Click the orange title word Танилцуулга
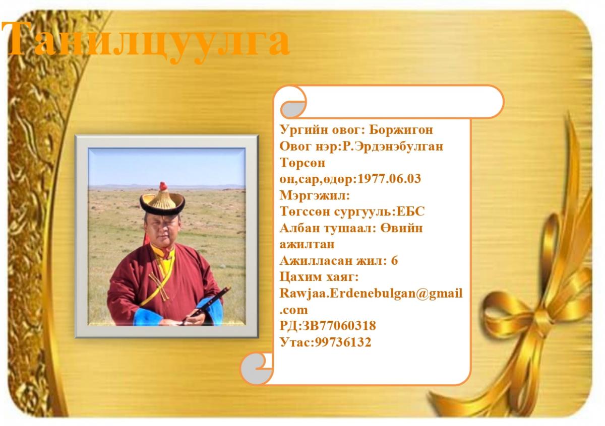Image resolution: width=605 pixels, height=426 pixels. pos(146,40)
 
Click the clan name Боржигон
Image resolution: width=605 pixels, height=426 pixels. pos(401,130)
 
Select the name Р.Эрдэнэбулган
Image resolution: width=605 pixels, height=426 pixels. pos(393,147)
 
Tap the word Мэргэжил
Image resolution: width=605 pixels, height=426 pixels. pos(313,195)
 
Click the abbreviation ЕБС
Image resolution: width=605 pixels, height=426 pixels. pos(411,211)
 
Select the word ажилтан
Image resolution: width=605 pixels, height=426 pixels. pos(307,245)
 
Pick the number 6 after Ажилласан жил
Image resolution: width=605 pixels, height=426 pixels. pos(394,261)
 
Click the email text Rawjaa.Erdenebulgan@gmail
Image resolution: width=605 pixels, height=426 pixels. pos(371,294)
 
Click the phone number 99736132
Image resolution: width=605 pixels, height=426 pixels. pos(343,342)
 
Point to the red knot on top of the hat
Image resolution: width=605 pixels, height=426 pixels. pos(163,186)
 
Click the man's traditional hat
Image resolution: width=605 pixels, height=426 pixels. pos(162,199)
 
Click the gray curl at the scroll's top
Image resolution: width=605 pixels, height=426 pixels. pos(292,109)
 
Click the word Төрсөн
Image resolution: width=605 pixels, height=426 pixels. pos(302,163)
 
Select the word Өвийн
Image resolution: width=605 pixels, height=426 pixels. pos(401,228)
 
